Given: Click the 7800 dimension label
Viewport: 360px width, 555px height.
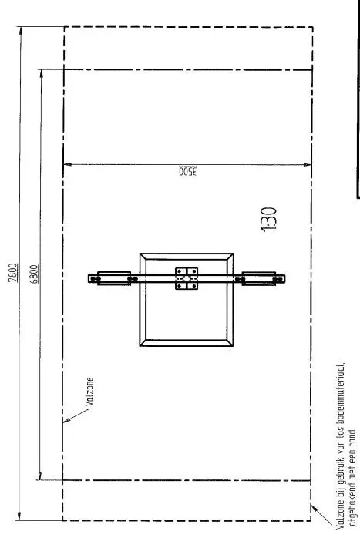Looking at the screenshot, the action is coord(12,273).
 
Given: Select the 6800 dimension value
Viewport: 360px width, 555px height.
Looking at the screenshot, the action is coord(35,274).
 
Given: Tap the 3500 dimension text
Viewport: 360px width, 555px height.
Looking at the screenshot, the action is coord(187,171).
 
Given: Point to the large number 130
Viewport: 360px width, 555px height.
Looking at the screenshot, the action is coord(269,220).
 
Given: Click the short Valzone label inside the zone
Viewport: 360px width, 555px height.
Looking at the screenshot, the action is coord(89,392).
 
